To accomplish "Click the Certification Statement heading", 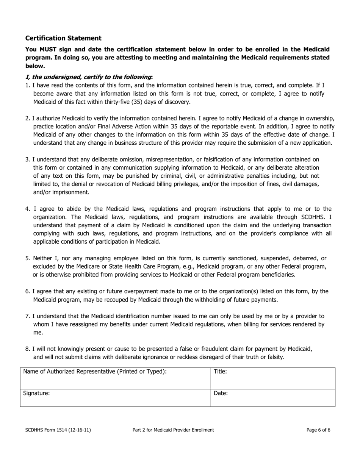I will pyautogui.click(x=63, y=38).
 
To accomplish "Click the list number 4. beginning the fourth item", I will pyautogui.click(x=28, y=209).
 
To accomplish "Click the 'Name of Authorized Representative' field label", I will pyautogui.click(x=95, y=372).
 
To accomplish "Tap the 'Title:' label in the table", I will pyautogui.click(x=220, y=372).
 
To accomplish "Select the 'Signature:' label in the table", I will pyautogui.click(x=36, y=393).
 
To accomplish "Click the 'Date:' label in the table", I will pyautogui.click(x=221, y=393).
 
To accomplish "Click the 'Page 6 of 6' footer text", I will pyautogui.click(x=318, y=430).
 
